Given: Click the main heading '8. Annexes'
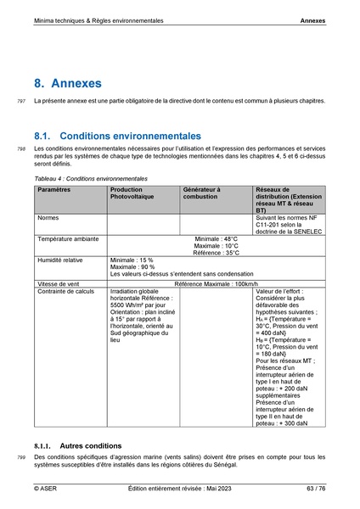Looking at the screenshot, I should [68, 84].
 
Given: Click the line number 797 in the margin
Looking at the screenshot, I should [21, 101].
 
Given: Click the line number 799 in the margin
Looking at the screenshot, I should [21, 458].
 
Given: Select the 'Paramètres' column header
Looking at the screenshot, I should [53, 190].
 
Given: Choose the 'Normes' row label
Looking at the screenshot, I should [48, 217].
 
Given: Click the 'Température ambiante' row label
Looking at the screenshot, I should [67, 239].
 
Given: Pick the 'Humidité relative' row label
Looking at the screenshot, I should [60, 260].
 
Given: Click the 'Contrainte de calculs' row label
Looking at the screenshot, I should [65, 291].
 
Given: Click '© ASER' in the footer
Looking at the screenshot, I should [45, 489].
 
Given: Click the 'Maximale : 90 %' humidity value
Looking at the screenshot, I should [132, 267].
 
